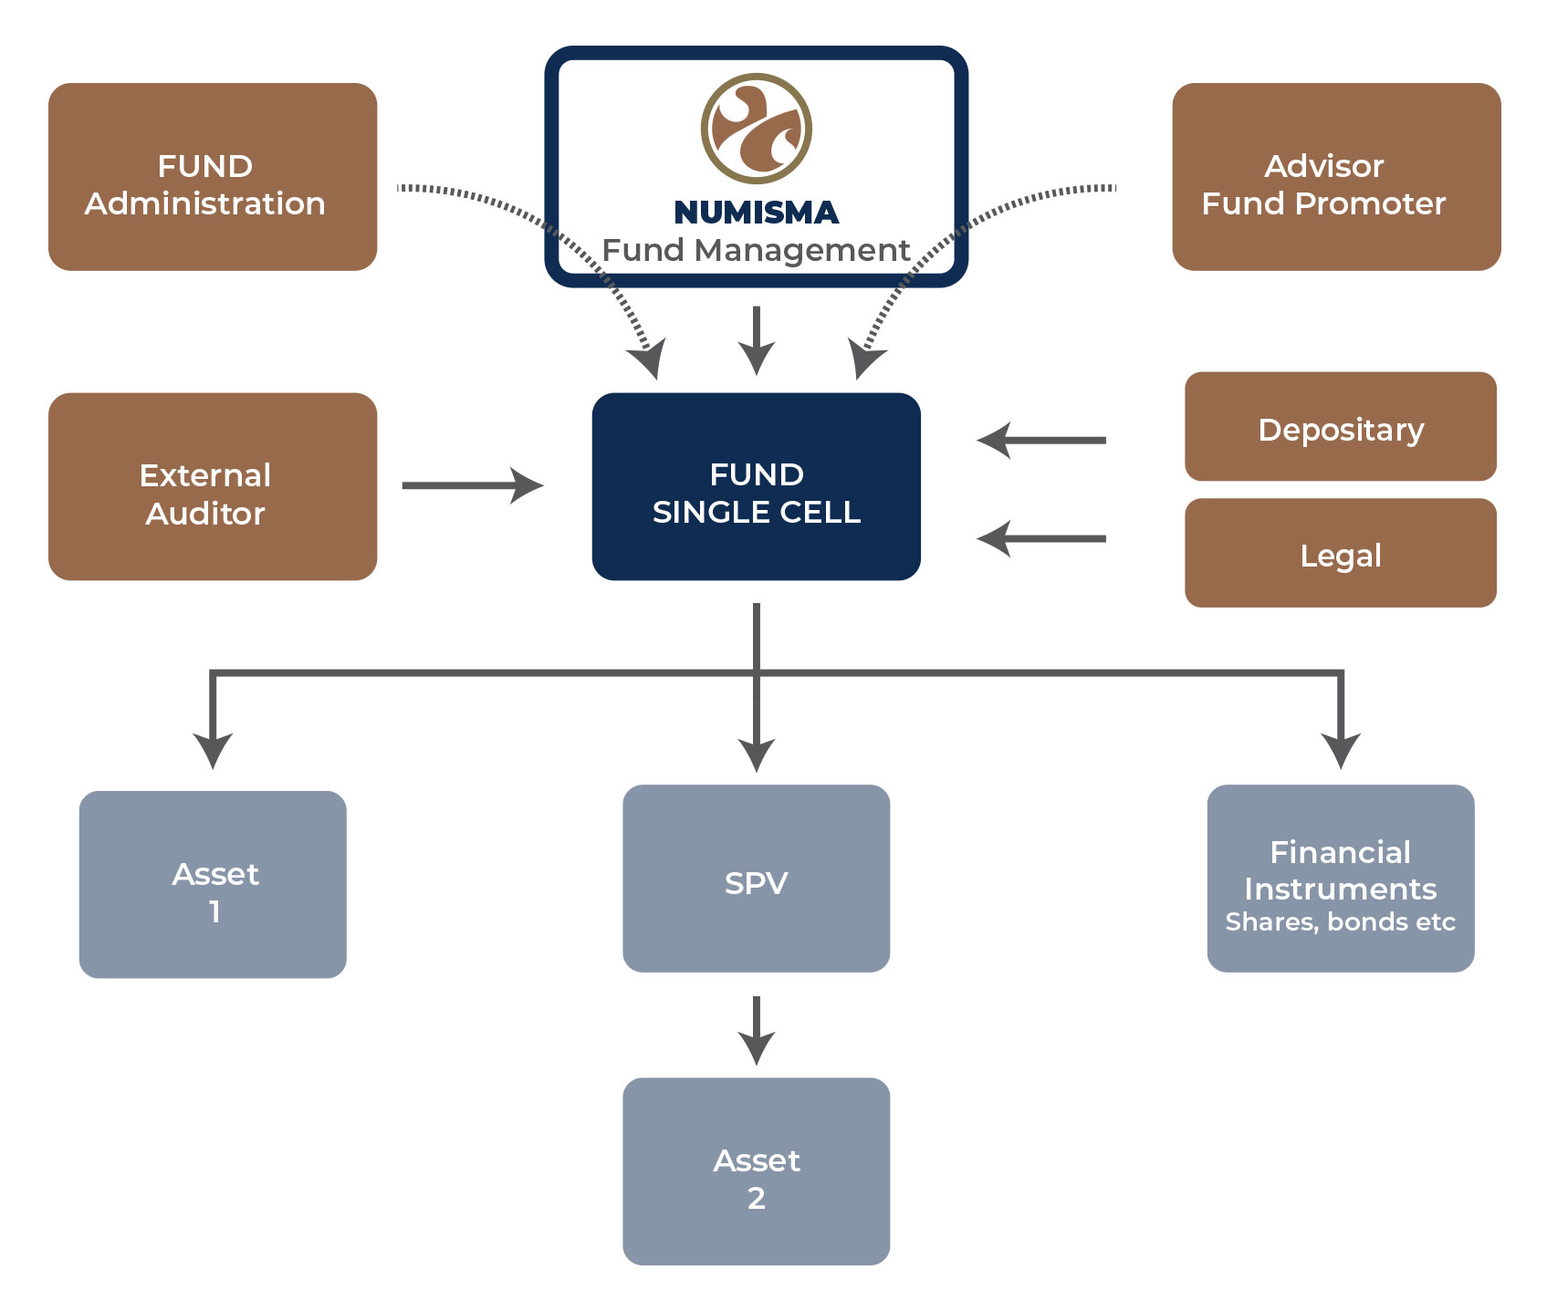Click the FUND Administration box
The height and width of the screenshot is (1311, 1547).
click(x=213, y=177)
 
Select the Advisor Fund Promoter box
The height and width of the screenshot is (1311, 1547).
click(x=1336, y=177)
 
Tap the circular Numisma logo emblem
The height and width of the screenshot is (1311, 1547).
click(x=757, y=129)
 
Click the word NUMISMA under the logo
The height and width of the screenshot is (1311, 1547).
click(x=757, y=213)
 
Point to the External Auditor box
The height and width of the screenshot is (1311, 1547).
click(x=213, y=486)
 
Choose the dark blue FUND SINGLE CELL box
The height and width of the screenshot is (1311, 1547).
click(x=757, y=486)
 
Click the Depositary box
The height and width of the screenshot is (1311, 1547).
click(x=1341, y=426)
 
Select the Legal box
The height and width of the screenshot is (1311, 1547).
click(x=1341, y=553)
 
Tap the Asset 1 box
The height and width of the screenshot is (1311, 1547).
click(x=213, y=884)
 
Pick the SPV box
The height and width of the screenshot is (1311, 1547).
click(x=757, y=879)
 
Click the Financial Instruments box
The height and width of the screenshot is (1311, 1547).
click(x=1341, y=879)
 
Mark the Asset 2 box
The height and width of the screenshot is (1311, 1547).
click(x=757, y=1171)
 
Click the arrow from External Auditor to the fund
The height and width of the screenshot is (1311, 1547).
click(x=473, y=485)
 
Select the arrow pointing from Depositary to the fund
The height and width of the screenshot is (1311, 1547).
click(x=1041, y=441)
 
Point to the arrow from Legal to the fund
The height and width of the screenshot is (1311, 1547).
click(x=1041, y=539)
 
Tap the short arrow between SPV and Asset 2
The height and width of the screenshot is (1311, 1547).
click(x=757, y=1031)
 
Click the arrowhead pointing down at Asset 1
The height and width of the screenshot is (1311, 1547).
click(x=213, y=751)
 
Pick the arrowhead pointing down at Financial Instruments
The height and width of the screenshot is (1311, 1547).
click(x=1341, y=751)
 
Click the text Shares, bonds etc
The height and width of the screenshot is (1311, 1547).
click(x=1341, y=922)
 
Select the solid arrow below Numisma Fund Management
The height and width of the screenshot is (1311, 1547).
click(x=757, y=341)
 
